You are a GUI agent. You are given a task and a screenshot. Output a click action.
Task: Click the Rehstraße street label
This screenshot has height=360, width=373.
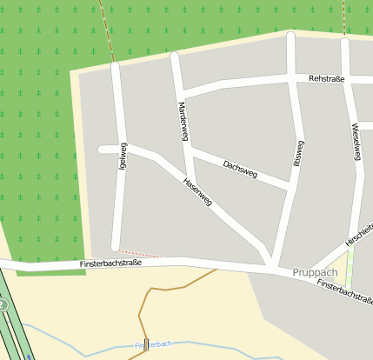pyautogui.click(x=327, y=79)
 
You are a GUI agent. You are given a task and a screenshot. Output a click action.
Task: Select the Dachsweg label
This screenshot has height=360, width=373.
pyautogui.click(x=240, y=169)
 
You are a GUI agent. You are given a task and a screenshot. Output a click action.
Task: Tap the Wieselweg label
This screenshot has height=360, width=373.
pyautogui.click(x=356, y=140)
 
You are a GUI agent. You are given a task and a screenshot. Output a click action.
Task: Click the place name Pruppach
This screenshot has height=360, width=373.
pyautogui.click(x=315, y=272)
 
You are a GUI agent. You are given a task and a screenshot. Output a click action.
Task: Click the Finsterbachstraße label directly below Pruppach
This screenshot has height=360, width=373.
pyautogui.click(x=344, y=291)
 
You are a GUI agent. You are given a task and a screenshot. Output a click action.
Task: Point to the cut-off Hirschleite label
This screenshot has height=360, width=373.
pyautogui.click(x=358, y=231)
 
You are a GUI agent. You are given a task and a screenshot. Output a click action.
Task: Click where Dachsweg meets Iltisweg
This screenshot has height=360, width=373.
pyautogui.click(x=290, y=185)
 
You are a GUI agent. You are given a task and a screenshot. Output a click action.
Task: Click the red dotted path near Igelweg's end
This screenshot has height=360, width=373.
pyautogui.click(x=139, y=254)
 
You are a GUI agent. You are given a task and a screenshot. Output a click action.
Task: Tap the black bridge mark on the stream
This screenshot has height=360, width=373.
pyautogui.click(x=146, y=343)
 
